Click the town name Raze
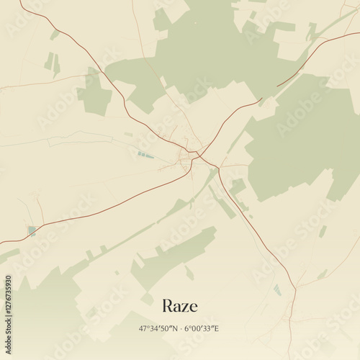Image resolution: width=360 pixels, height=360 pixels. [x=180, y=305]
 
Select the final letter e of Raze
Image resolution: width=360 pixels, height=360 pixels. [x=193, y=307]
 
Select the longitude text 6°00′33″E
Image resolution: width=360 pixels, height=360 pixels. [x=202, y=328]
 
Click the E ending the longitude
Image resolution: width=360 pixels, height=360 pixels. [x=217, y=328]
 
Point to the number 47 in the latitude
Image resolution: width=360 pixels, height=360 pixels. [x=143, y=328]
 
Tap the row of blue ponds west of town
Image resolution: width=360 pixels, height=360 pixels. [x=146, y=155]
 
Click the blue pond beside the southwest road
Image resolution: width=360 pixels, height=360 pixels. [x=32, y=230]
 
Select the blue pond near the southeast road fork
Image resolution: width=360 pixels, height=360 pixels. [x=277, y=289]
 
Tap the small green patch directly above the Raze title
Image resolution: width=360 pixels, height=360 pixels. [x=189, y=273]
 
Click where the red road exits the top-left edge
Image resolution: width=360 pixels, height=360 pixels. [x=21, y=1]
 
